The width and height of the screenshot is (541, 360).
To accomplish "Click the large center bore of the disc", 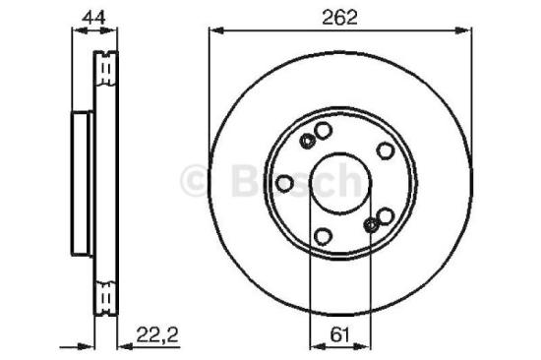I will pos(339,184).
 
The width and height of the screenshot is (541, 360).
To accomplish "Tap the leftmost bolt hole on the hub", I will pos(284,183).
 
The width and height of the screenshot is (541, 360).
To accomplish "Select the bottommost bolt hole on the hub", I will pos(323,235).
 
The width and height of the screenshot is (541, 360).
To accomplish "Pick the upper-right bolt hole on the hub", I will pos(386,150).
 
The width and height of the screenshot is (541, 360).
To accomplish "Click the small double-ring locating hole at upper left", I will pos(307,141).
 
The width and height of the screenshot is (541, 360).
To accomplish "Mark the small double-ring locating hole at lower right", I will pos(371,226).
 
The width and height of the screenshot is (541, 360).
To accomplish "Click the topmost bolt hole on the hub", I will pos(323,131).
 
